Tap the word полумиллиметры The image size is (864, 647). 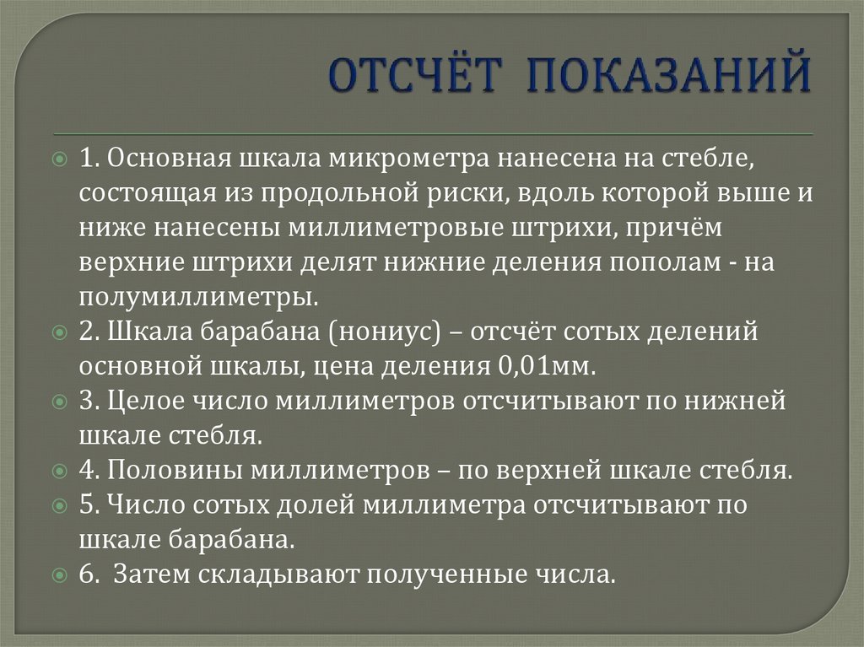click(199, 297)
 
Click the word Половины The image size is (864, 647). click(175, 470)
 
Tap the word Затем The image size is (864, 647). click(153, 574)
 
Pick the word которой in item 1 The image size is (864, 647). click(638, 193)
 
